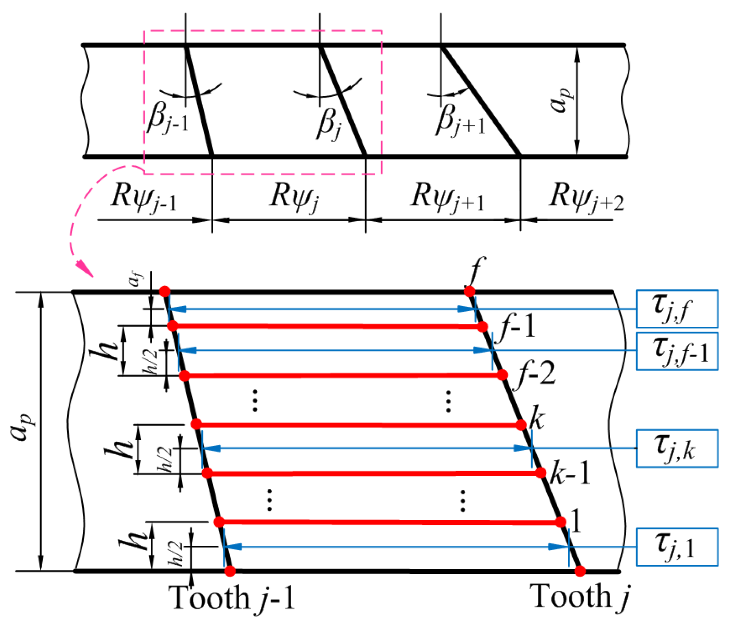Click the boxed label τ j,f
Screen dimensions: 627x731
point(676,309)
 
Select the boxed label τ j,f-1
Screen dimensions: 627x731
point(676,351)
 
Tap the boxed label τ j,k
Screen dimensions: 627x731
point(676,448)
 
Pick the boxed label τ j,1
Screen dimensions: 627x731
point(676,547)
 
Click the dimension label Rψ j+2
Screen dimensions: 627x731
point(586,197)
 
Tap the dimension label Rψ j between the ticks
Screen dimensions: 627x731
point(294,197)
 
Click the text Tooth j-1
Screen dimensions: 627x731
point(232,597)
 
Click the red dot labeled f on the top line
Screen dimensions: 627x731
point(469,291)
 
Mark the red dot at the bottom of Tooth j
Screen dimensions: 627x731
point(580,571)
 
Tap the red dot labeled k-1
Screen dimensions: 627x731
point(541,473)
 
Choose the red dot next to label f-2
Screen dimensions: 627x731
point(502,375)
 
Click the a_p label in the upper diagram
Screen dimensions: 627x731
point(561,100)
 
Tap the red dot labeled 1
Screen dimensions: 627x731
point(561,522)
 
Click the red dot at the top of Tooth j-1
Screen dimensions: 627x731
point(164,291)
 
